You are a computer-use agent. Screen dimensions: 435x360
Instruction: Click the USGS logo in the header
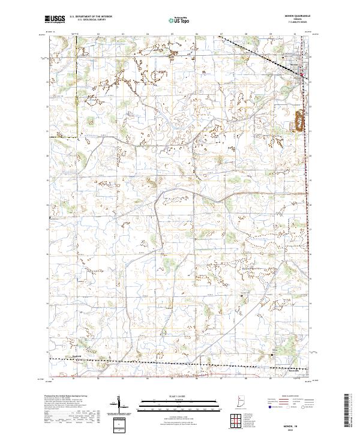click(x=54, y=19)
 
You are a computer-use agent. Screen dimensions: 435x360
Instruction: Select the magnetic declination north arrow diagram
click(x=124, y=405)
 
